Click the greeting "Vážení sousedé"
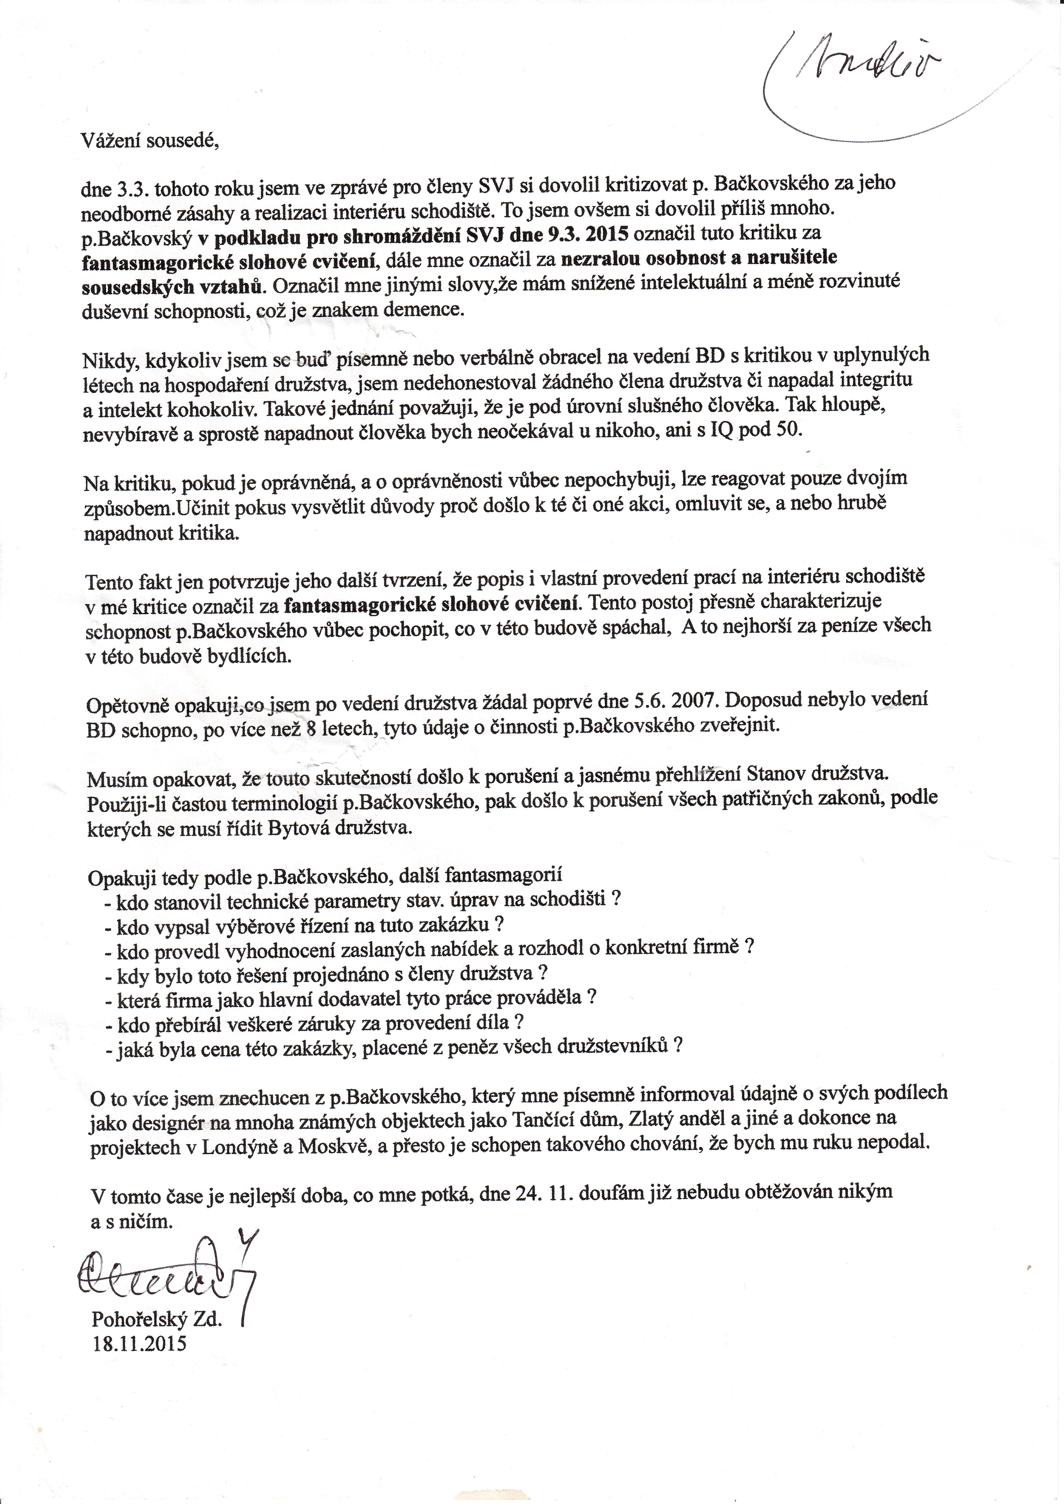[x=149, y=140]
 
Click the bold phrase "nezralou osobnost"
[x=645, y=258]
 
